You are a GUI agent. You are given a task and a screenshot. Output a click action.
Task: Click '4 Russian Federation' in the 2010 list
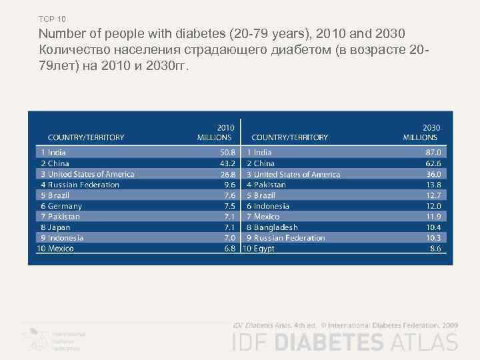(x=79, y=185)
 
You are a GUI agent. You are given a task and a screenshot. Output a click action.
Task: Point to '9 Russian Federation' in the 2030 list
(x=286, y=238)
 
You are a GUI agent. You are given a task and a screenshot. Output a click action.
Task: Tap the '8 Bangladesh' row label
(x=273, y=227)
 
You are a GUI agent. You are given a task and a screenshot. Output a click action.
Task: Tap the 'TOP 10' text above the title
(x=52, y=19)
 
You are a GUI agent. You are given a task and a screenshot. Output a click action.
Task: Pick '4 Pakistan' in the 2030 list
(x=266, y=185)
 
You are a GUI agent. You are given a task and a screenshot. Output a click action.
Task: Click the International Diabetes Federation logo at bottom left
(x=53, y=339)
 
